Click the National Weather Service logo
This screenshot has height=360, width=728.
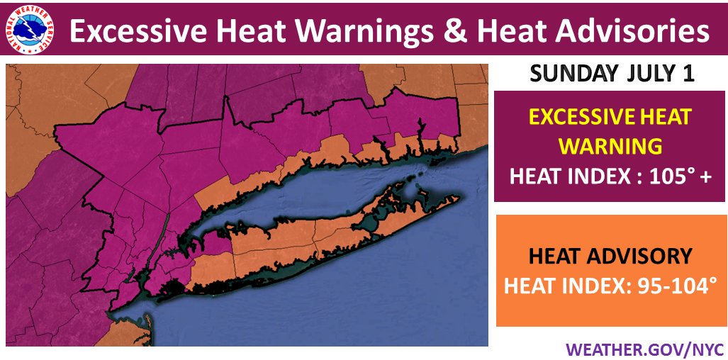[30, 31]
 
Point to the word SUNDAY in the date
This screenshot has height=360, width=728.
[568, 74]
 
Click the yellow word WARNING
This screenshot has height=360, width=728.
[610, 146]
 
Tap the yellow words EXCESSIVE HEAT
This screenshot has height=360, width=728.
[610, 117]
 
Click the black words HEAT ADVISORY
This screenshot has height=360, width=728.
[610, 256]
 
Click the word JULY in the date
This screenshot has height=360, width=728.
[644, 74]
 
